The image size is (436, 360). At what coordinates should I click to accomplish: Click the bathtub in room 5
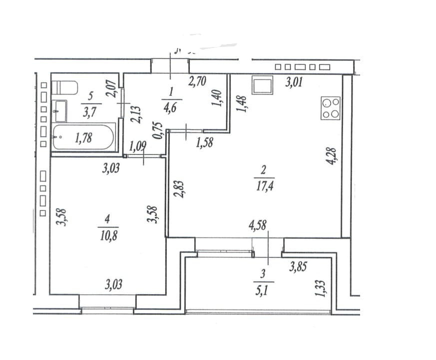[x=84, y=137]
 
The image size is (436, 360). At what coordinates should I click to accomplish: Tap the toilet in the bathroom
[x=65, y=87]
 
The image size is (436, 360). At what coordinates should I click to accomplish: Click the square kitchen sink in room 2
[x=262, y=85]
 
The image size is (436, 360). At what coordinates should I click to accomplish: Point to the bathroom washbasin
[x=60, y=110]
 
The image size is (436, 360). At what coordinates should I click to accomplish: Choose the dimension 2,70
[x=198, y=80]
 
